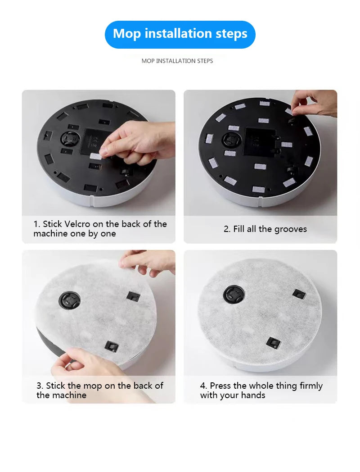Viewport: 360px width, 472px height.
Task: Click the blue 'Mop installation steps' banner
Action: click(180, 34)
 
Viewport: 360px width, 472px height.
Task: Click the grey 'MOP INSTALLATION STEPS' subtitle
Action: click(177, 61)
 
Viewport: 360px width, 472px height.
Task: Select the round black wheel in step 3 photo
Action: click(69, 301)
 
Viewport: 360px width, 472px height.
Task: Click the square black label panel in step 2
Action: click(259, 142)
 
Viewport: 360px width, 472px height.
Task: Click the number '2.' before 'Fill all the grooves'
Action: click(227, 229)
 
